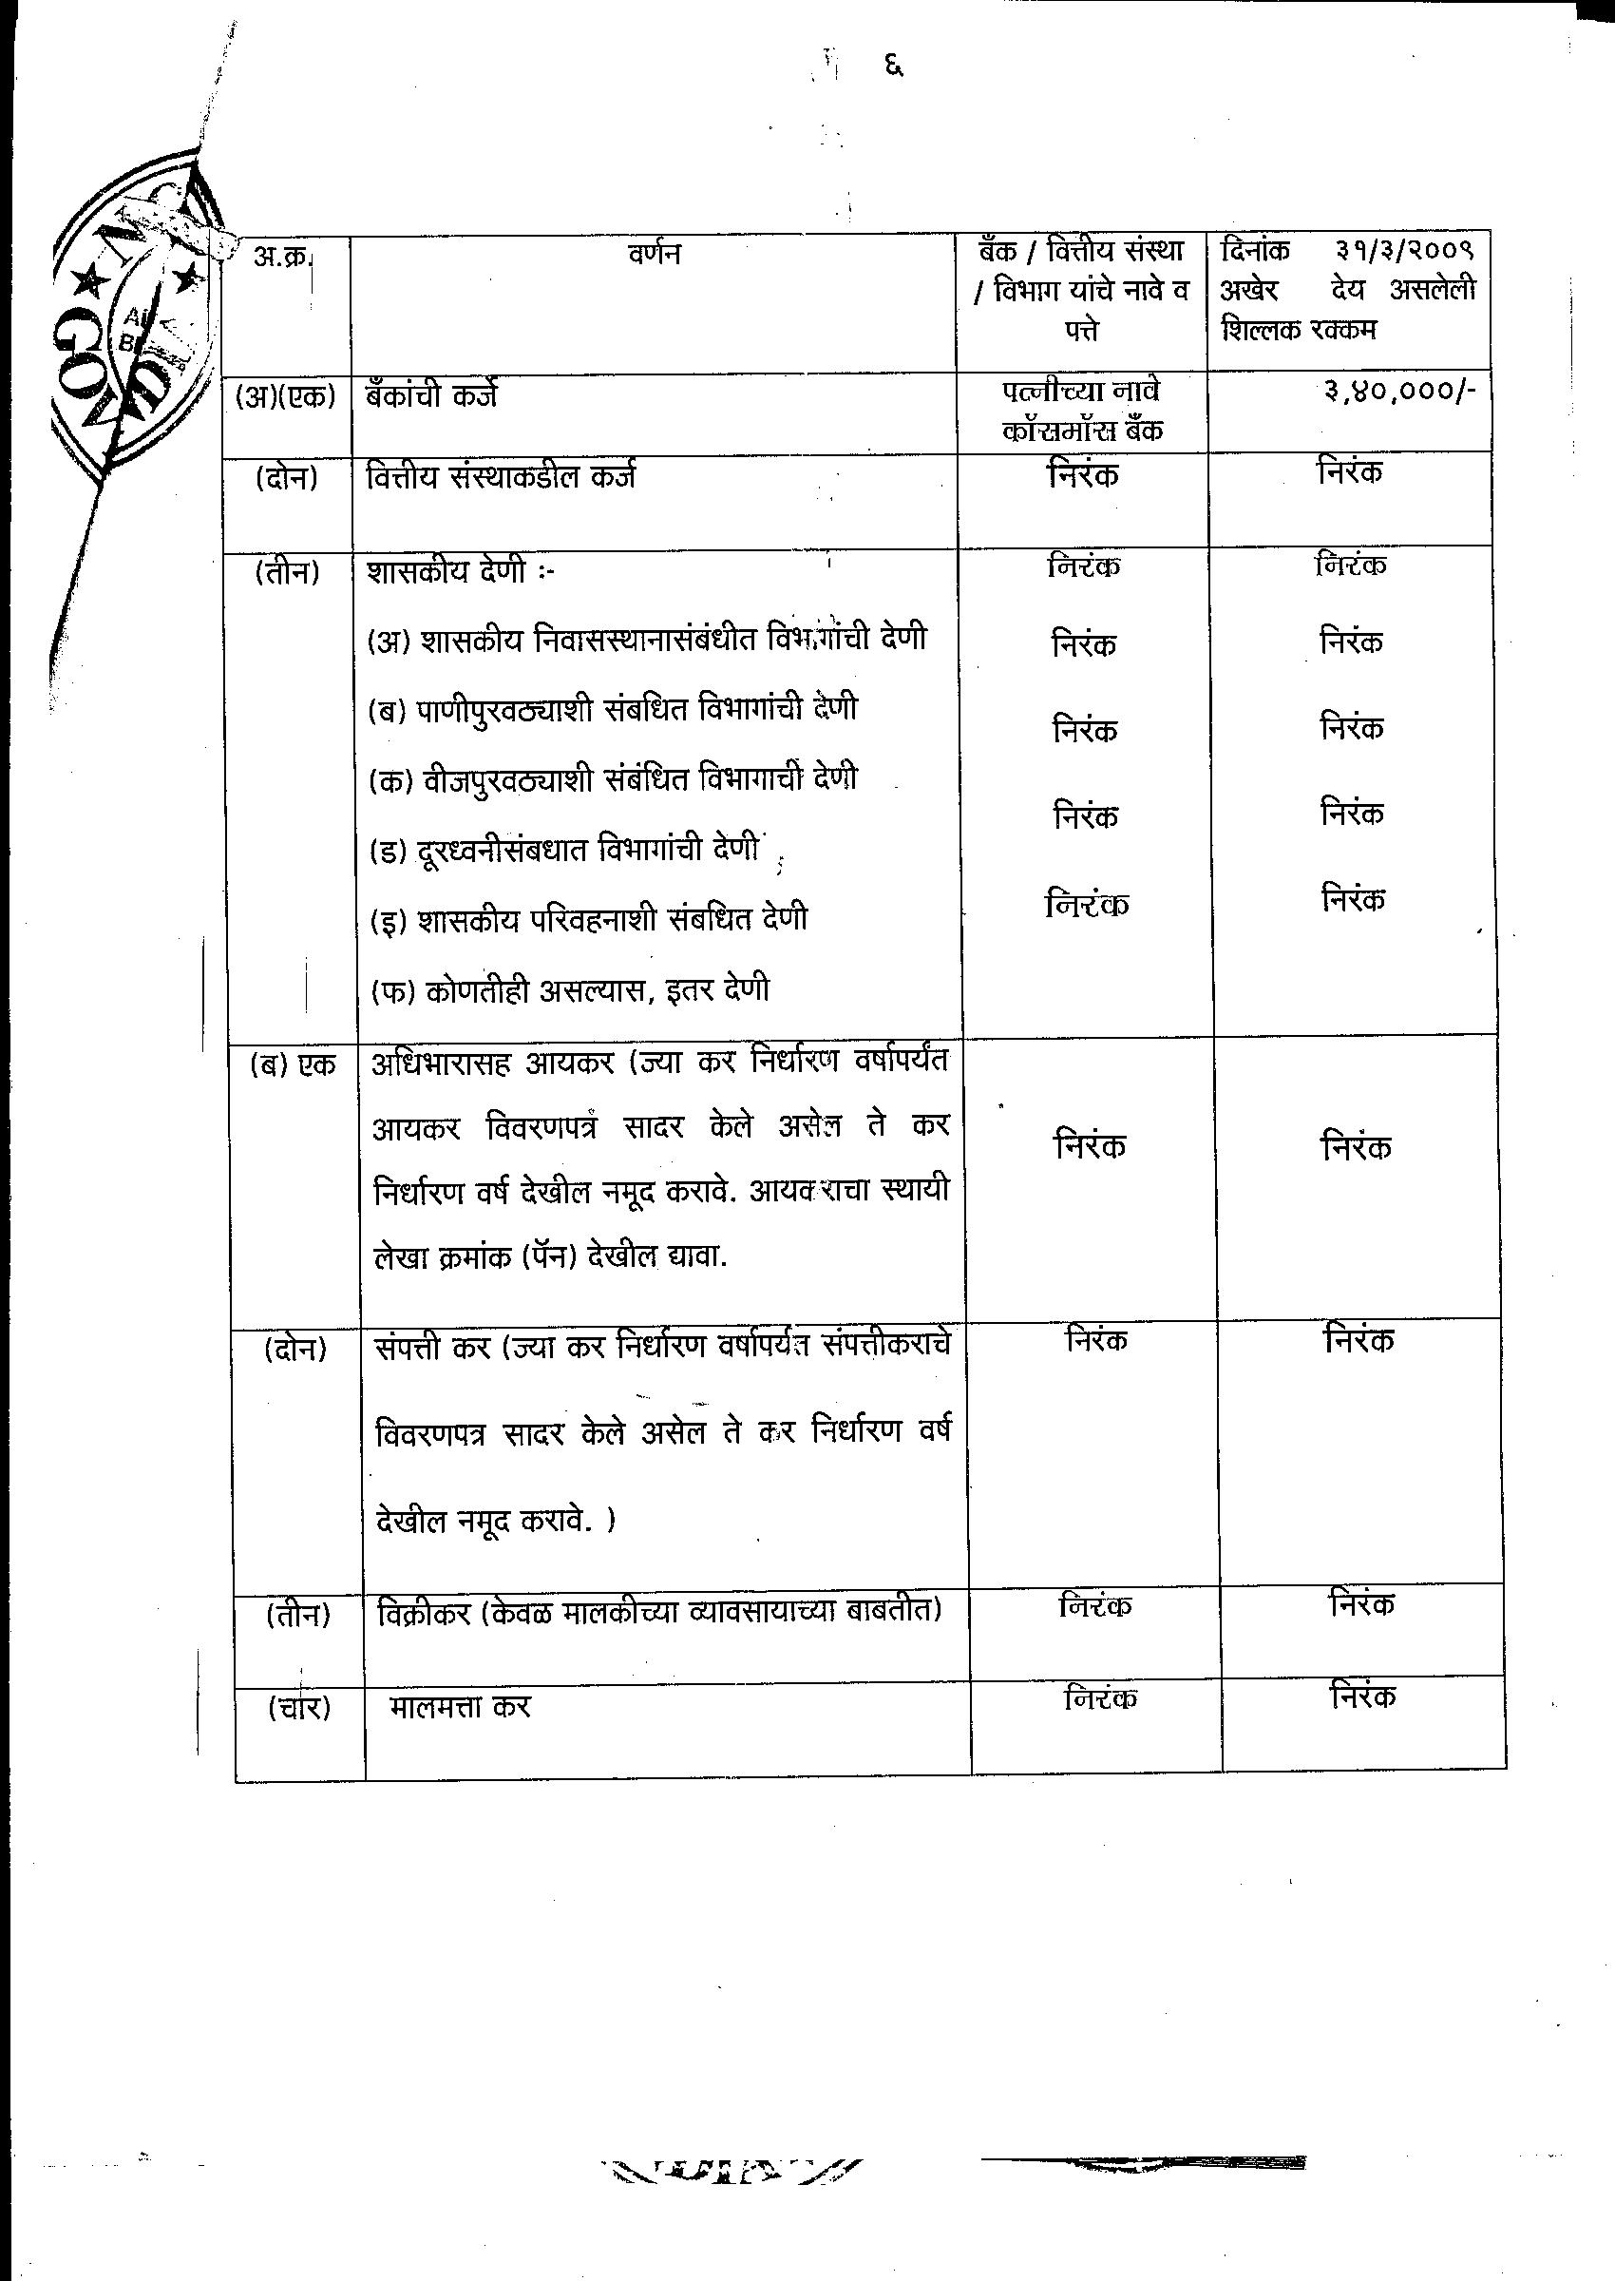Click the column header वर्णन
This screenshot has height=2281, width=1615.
click(655, 254)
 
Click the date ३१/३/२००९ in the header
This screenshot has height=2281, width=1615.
click(1405, 250)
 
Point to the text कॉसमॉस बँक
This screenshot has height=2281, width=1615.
click(1082, 431)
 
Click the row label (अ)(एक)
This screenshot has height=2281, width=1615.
click(285, 396)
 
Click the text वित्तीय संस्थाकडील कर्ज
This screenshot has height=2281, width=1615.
click(502, 477)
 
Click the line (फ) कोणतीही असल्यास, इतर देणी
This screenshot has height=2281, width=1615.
click(570, 990)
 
